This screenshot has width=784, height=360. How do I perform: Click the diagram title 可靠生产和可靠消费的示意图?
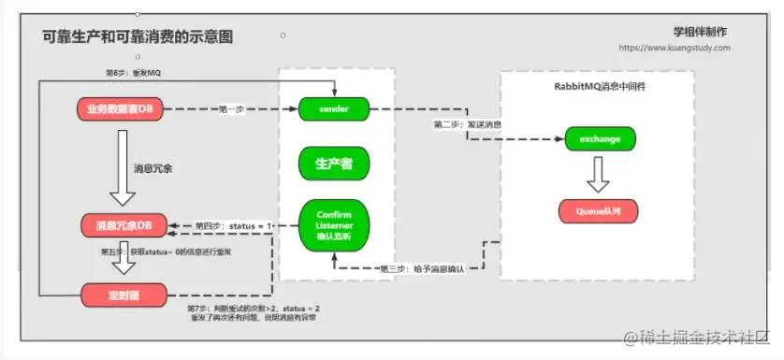138,36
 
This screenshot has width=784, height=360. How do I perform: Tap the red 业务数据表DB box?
121,109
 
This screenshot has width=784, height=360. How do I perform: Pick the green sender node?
334,109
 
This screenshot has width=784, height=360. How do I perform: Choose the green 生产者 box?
334,164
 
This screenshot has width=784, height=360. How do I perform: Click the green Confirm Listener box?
334,224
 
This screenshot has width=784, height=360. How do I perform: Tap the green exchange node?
601,140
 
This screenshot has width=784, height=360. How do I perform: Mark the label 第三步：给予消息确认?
421,268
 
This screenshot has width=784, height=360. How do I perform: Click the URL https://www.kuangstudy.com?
674,48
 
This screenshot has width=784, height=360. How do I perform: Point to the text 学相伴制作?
700,31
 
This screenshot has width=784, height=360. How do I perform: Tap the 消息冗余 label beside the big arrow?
153,168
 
